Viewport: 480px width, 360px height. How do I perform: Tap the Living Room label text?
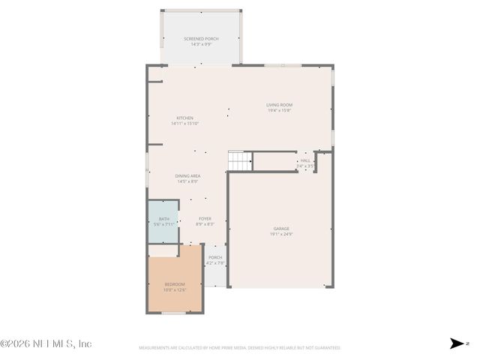pos(279,104)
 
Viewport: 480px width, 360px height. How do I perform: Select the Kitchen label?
pos(184,118)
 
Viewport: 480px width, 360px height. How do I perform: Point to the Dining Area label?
pos(187,175)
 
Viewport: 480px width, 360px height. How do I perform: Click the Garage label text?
pos(281,229)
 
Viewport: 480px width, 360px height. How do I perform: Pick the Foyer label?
pos(205,218)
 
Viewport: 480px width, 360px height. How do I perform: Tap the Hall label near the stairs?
pos(305,160)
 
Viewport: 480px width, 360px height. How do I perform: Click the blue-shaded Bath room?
pos(163,221)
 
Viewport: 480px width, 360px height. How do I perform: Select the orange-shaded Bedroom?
pos(174,285)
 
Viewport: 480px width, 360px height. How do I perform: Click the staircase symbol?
pos(238,160)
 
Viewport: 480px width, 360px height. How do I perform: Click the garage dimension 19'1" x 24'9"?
pos(281,235)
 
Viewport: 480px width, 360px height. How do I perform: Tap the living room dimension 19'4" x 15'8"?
pos(279,110)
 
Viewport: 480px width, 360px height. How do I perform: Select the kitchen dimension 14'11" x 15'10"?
pos(184,124)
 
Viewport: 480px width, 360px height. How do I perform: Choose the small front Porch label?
pos(215,257)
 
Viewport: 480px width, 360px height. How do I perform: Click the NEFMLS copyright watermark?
pos(46,343)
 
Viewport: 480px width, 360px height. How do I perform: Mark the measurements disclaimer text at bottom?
pos(240,348)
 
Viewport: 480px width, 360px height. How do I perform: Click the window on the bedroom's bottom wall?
pos(174,313)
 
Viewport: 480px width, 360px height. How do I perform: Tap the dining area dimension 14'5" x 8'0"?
pos(187,181)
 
